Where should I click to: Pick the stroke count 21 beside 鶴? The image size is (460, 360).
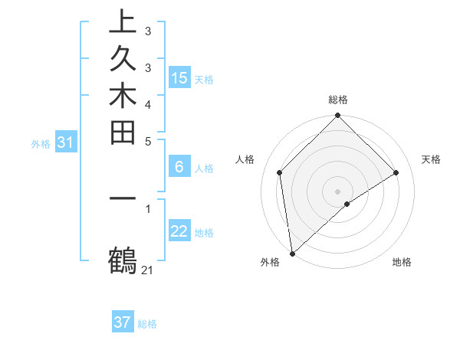(x=148, y=270)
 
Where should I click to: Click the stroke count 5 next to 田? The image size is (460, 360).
(x=148, y=141)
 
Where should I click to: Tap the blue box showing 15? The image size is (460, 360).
(x=179, y=77)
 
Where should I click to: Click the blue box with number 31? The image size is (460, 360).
(x=65, y=142)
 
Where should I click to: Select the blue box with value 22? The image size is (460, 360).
(x=179, y=232)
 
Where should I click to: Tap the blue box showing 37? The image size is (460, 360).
(x=122, y=322)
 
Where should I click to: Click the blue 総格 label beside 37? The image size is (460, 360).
(x=147, y=324)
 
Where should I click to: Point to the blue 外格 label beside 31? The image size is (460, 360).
(x=41, y=143)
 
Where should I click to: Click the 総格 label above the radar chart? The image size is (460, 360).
(x=338, y=100)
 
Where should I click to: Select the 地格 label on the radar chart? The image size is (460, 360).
(x=402, y=263)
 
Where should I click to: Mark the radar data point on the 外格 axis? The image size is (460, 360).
(x=292, y=254)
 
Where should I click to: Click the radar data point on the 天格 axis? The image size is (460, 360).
(x=396, y=172)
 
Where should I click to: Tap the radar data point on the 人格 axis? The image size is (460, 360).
(x=280, y=172)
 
